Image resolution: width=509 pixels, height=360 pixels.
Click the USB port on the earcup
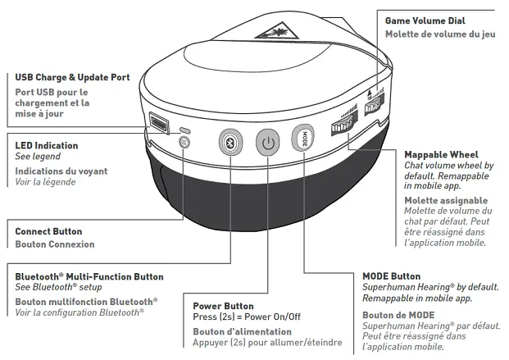point(157,125)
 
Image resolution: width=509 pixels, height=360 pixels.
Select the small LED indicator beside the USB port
point(185,130)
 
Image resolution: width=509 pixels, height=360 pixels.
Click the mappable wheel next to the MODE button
point(343,127)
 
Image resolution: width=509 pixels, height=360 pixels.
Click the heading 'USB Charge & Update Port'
point(72,78)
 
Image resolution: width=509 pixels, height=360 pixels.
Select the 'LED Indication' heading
point(47,145)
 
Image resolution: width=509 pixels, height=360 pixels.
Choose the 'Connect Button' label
point(48,232)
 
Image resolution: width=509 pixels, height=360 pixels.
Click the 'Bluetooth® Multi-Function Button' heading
point(89,277)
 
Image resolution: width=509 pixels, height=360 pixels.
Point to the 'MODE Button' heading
point(391,276)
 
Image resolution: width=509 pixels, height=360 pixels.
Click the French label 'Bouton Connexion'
point(54,244)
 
